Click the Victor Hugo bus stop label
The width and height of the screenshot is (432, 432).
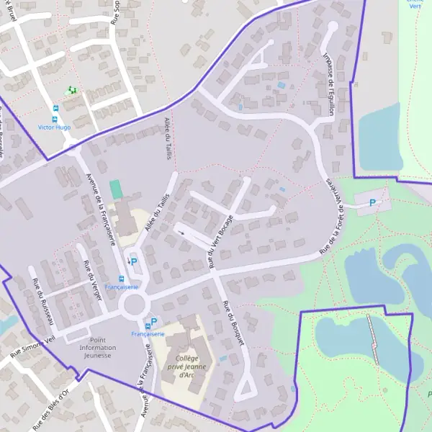(54, 127)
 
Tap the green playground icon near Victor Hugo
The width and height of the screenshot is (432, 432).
(71, 91)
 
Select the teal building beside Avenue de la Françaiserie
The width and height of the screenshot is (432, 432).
(116, 189)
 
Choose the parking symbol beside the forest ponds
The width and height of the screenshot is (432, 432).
(372, 203)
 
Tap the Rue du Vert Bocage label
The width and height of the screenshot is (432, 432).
(221, 241)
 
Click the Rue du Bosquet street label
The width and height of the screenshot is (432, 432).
(234, 322)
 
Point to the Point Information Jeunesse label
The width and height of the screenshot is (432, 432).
(97, 347)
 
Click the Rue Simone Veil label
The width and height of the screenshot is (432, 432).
(32, 345)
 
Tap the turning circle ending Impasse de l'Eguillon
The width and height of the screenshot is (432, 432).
(332, 27)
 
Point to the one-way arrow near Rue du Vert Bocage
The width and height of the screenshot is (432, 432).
(181, 232)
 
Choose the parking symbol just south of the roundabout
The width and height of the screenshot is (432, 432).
(153, 322)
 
